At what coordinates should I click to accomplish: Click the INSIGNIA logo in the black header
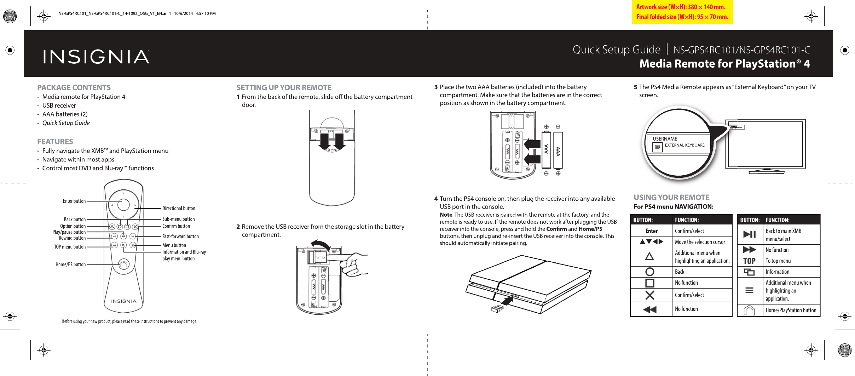(x=96, y=57)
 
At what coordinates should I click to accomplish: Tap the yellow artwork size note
(x=682, y=12)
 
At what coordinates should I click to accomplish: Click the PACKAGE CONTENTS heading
(x=74, y=87)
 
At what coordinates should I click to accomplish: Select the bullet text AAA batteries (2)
(x=65, y=114)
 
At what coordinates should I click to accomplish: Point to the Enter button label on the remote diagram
(x=74, y=201)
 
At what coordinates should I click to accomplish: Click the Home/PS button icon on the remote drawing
(x=123, y=264)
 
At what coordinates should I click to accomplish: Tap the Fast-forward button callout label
(x=180, y=237)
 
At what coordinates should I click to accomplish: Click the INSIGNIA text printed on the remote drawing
(x=123, y=301)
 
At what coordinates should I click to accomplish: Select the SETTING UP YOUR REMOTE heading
(x=284, y=87)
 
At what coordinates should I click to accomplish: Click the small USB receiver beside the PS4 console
(x=497, y=309)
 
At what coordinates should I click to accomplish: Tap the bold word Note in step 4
(x=446, y=215)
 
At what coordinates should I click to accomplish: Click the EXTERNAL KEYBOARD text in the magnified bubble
(x=685, y=145)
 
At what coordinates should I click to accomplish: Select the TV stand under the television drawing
(x=766, y=171)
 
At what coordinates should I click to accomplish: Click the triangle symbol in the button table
(x=649, y=256)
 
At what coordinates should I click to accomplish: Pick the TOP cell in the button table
(x=749, y=261)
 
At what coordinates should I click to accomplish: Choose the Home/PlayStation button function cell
(x=791, y=311)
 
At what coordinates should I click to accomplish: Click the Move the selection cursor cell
(x=700, y=242)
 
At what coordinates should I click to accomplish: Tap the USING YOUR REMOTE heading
(x=671, y=198)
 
